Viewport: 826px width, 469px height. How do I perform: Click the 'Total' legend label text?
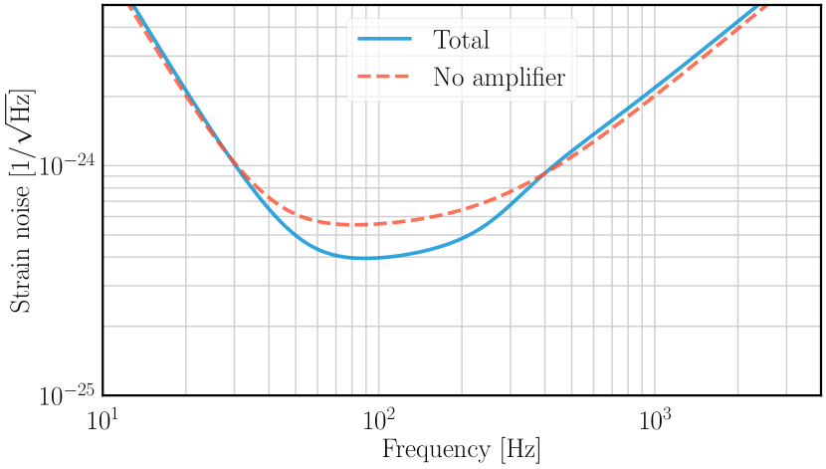point(461,41)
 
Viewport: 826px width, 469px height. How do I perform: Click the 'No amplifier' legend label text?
point(499,78)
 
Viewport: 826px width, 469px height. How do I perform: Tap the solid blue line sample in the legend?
point(384,41)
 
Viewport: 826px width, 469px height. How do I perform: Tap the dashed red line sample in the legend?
point(384,78)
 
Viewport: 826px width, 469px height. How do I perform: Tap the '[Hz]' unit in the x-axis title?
point(517,449)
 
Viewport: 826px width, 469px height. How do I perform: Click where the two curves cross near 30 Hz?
point(232,159)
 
